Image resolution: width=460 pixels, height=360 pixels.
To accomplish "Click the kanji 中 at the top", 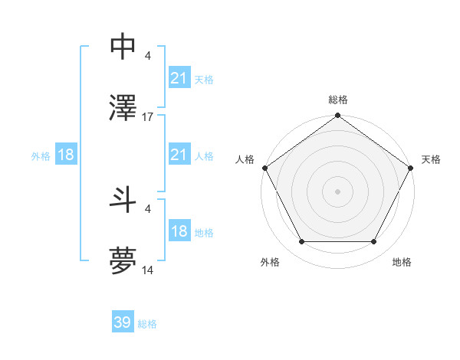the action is coord(124,47).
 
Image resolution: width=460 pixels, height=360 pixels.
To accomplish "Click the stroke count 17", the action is coord(148,116).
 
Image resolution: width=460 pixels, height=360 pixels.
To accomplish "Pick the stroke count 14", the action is coord(148,270).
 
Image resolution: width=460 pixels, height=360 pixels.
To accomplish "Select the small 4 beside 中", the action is coord(147,55).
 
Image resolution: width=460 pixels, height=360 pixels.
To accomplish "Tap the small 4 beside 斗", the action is coord(147,208).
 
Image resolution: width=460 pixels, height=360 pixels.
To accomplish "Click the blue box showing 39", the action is coord(123,322).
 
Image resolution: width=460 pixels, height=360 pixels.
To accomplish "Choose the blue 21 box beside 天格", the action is coord(179,77).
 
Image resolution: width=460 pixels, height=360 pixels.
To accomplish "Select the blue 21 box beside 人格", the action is coord(179,155).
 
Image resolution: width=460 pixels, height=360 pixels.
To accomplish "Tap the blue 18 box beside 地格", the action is coord(179,231).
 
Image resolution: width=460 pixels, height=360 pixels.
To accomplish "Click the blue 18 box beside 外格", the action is coord(66,155).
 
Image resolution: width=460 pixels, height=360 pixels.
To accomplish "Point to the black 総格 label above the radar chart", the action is coord(337,100).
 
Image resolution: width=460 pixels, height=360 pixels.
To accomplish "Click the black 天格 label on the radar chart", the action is coord(432,159).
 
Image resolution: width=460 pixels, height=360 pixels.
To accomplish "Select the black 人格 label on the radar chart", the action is coord(245,159).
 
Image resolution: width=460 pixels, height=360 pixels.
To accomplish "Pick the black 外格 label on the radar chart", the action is coord(270,262).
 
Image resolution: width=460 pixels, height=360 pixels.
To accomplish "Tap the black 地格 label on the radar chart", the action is coord(402,262).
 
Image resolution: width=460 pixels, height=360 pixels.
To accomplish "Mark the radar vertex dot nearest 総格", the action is coord(337,116).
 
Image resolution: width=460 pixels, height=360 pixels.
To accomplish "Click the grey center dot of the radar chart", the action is coord(337,191).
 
